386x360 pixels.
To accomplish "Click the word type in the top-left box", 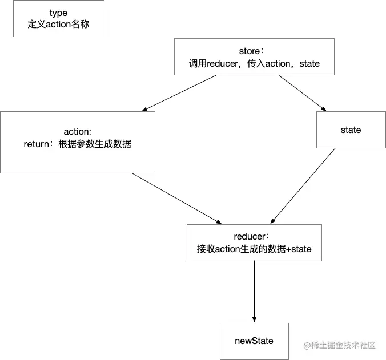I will coord(59,13).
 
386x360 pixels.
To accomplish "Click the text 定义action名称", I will coord(59,25).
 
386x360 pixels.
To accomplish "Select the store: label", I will coord(254,52).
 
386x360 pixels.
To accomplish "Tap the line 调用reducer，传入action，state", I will coord(254,64).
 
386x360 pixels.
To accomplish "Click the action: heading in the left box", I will coord(78,132).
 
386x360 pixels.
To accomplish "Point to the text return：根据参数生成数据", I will coord(78,144).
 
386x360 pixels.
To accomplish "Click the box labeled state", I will coord(351,130).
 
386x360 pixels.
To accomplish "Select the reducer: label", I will coord(254,237).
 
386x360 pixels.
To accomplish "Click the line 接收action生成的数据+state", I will coord(254,249).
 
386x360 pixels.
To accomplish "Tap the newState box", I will coord(254,341).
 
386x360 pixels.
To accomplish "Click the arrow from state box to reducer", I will coord(303,185).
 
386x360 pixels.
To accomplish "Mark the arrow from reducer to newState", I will coord(254,291).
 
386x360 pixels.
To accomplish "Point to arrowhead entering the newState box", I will coord(254,319).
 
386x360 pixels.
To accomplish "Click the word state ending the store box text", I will coord(309,64).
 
